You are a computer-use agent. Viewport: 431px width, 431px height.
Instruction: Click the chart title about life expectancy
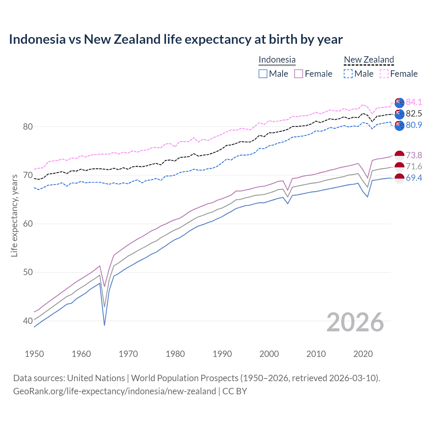pyautogui.click(x=176, y=39)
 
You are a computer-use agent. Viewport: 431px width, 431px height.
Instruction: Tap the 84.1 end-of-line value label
pyautogui.click(x=414, y=102)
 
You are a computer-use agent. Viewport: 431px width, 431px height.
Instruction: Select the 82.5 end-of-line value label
pyautogui.click(x=414, y=113)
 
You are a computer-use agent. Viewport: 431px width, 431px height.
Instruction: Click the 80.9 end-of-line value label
pyautogui.click(x=414, y=125)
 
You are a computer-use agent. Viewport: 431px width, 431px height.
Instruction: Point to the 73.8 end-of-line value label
pyautogui.click(x=414, y=155)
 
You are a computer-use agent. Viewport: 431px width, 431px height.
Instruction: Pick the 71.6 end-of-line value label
pyautogui.click(x=414, y=166)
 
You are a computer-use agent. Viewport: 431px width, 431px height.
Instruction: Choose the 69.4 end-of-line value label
pyautogui.click(x=414, y=178)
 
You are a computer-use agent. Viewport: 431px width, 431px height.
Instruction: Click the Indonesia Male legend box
pyautogui.click(x=263, y=74)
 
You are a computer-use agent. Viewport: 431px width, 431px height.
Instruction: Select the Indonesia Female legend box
pyautogui.click(x=299, y=74)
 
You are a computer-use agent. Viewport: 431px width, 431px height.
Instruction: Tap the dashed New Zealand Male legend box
pyautogui.click(x=348, y=74)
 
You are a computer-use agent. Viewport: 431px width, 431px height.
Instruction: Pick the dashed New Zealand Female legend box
pyautogui.click(x=384, y=74)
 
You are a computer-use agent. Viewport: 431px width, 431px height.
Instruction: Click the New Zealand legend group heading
pyautogui.click(x=369, y=60)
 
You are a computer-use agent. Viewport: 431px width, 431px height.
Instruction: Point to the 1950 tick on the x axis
pyautogui.click(x=34, y=354)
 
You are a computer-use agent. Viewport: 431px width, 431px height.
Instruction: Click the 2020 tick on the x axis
pyautogui.click(x=363, y=354)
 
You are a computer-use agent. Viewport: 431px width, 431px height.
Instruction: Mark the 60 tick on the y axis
pyautogui.click(x=28, y=224)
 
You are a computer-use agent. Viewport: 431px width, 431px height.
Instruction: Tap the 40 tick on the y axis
pyautogui.click(x=28, y=321)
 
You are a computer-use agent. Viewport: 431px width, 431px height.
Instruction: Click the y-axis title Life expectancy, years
pyautogui.click(x=14, y=215)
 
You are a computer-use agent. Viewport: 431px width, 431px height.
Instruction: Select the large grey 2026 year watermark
pyautogui.click(x=355, y=322)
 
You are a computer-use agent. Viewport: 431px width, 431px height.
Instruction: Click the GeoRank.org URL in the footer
pyautogui.click(x=114, y=391)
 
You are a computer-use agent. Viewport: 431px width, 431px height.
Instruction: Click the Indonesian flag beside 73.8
pyautogui.click(x=399, y=156)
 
